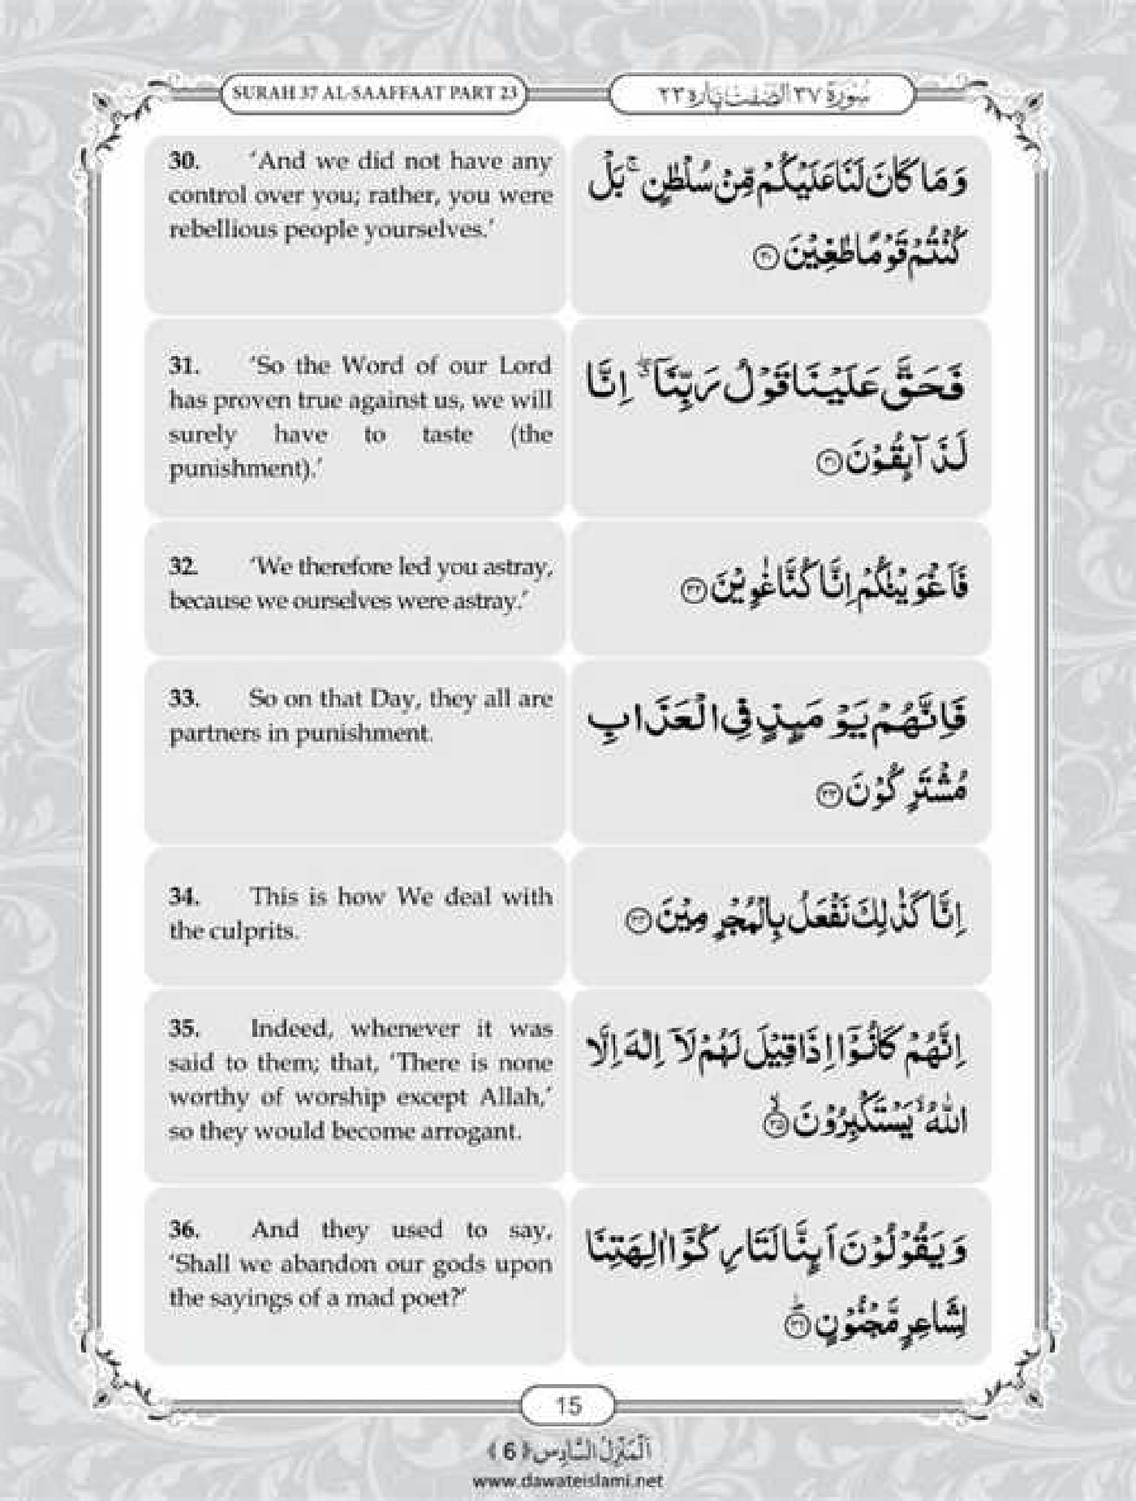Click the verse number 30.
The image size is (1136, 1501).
click(183, 161)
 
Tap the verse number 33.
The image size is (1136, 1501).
click(183, 699)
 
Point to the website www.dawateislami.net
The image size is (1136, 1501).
click(566, 1480)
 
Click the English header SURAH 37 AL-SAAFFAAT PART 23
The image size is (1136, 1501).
click(375, 92)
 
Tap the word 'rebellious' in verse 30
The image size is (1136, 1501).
click(213, 230)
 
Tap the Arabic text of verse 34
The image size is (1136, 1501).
click(799, 918)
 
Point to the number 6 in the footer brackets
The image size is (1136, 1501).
click(508, 1452)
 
